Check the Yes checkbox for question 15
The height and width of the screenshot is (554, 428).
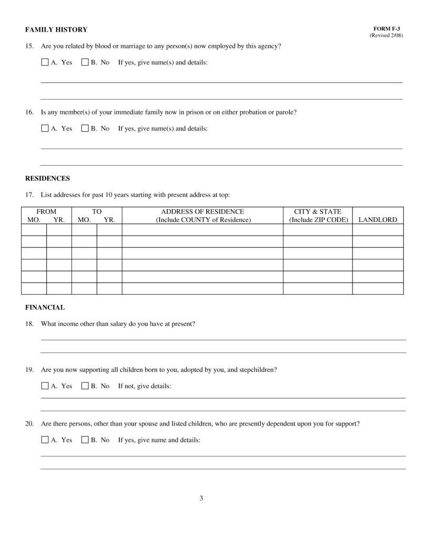(45, 62)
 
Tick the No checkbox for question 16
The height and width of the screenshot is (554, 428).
(85, 128)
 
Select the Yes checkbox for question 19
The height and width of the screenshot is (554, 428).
(45, 386)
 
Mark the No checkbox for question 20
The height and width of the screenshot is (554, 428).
(85, 440)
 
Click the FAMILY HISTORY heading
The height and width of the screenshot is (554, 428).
(56, 29)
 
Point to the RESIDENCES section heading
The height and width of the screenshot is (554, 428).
(47, 178)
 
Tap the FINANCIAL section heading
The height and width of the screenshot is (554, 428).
(45, 307)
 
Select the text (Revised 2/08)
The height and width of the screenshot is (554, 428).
(387, 35)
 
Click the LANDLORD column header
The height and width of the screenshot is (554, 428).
(378, 220)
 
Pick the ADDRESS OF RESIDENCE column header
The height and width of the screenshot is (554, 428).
(202, 212)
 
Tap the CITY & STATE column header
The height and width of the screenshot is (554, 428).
(318, 212)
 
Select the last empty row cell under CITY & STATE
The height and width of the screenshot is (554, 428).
(318, 289)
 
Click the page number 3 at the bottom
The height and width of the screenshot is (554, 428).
(201, 498)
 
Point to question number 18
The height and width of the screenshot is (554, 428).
(29, 324)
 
